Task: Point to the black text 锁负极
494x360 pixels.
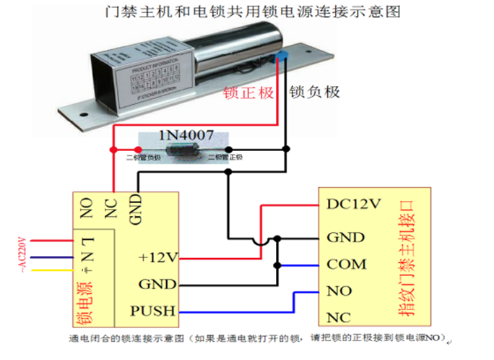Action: [314, 93]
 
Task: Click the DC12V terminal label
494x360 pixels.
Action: [353, 205]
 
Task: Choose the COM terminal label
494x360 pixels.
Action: [347, 265]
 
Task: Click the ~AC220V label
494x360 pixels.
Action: [21, 254]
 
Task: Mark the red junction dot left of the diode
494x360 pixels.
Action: [112, 150]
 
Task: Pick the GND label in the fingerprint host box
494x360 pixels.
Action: [345, 237]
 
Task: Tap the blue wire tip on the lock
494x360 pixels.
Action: [282, 56]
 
